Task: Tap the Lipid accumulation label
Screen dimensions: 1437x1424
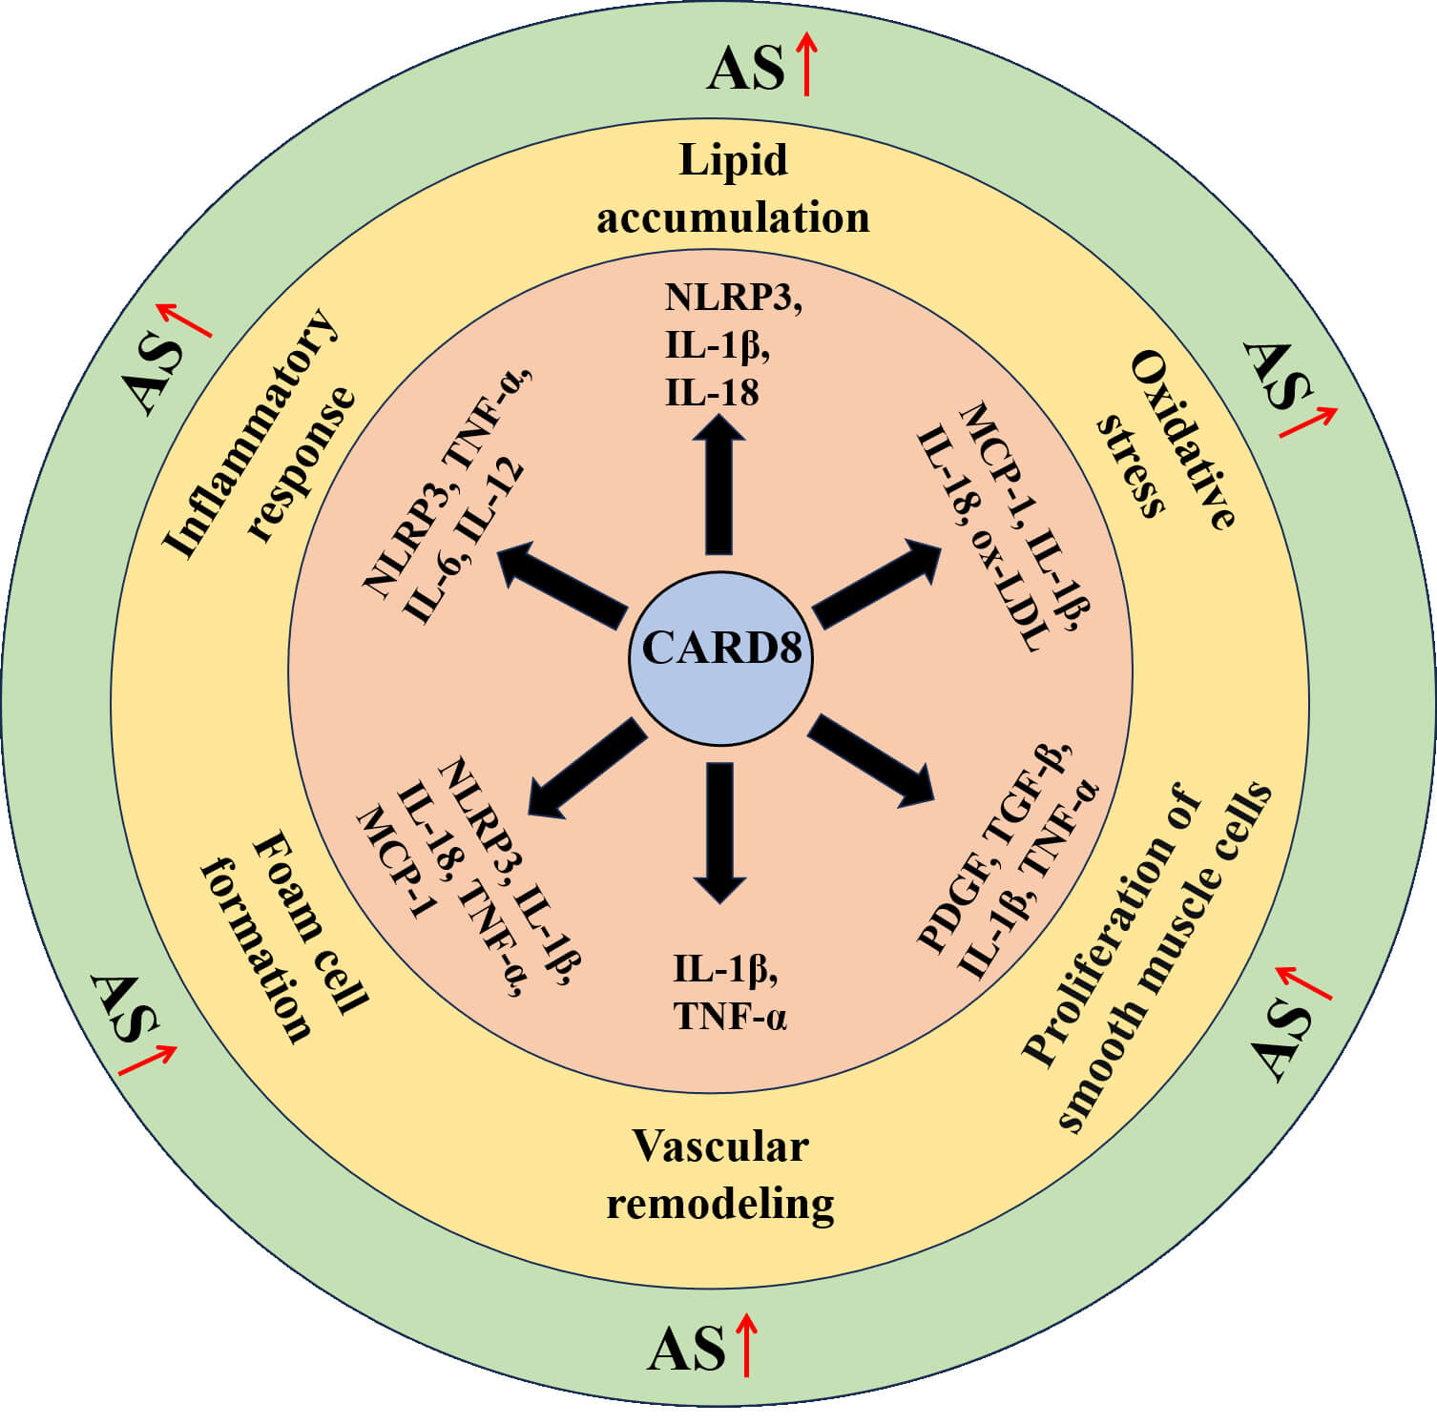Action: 733,188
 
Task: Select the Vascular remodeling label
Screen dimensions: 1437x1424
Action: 720,1175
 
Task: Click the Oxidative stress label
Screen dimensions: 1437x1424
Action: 1166,440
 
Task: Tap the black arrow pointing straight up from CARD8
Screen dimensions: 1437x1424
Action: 719,486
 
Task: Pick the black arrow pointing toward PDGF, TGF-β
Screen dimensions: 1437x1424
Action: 871,759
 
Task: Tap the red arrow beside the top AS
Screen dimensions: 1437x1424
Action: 807,63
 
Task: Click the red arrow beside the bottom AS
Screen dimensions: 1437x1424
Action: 746,1345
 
